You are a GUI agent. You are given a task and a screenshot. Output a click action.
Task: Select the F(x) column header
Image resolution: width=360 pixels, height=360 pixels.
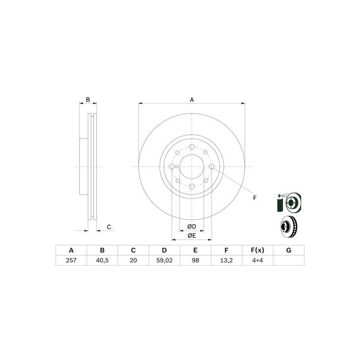pos(257,250)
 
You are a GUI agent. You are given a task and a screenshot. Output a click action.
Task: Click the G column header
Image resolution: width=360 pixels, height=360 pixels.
pos(288,250)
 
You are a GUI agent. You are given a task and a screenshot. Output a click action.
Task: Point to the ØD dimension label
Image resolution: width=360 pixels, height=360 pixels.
pos(192,226)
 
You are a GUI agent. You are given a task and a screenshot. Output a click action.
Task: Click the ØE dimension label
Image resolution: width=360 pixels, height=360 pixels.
pos(192,235)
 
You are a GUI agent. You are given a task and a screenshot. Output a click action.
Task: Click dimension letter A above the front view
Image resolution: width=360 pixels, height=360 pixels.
pos(192,99)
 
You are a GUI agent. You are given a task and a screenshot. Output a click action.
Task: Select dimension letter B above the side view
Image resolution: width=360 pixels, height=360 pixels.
pos(88,99)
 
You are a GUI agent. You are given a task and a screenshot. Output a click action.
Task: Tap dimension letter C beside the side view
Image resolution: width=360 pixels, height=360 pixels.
pos(108,227)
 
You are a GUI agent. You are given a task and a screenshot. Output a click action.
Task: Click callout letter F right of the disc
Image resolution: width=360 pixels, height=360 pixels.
pos(254,198)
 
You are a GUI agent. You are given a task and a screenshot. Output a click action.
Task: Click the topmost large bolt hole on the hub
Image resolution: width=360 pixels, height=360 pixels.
pos(192,147)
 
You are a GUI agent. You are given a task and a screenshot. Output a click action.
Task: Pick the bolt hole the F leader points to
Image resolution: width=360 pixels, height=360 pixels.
pos(212,166)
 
